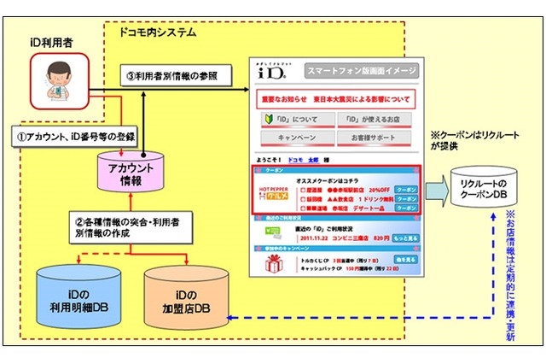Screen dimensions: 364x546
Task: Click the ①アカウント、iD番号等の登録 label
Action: (73, 133)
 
